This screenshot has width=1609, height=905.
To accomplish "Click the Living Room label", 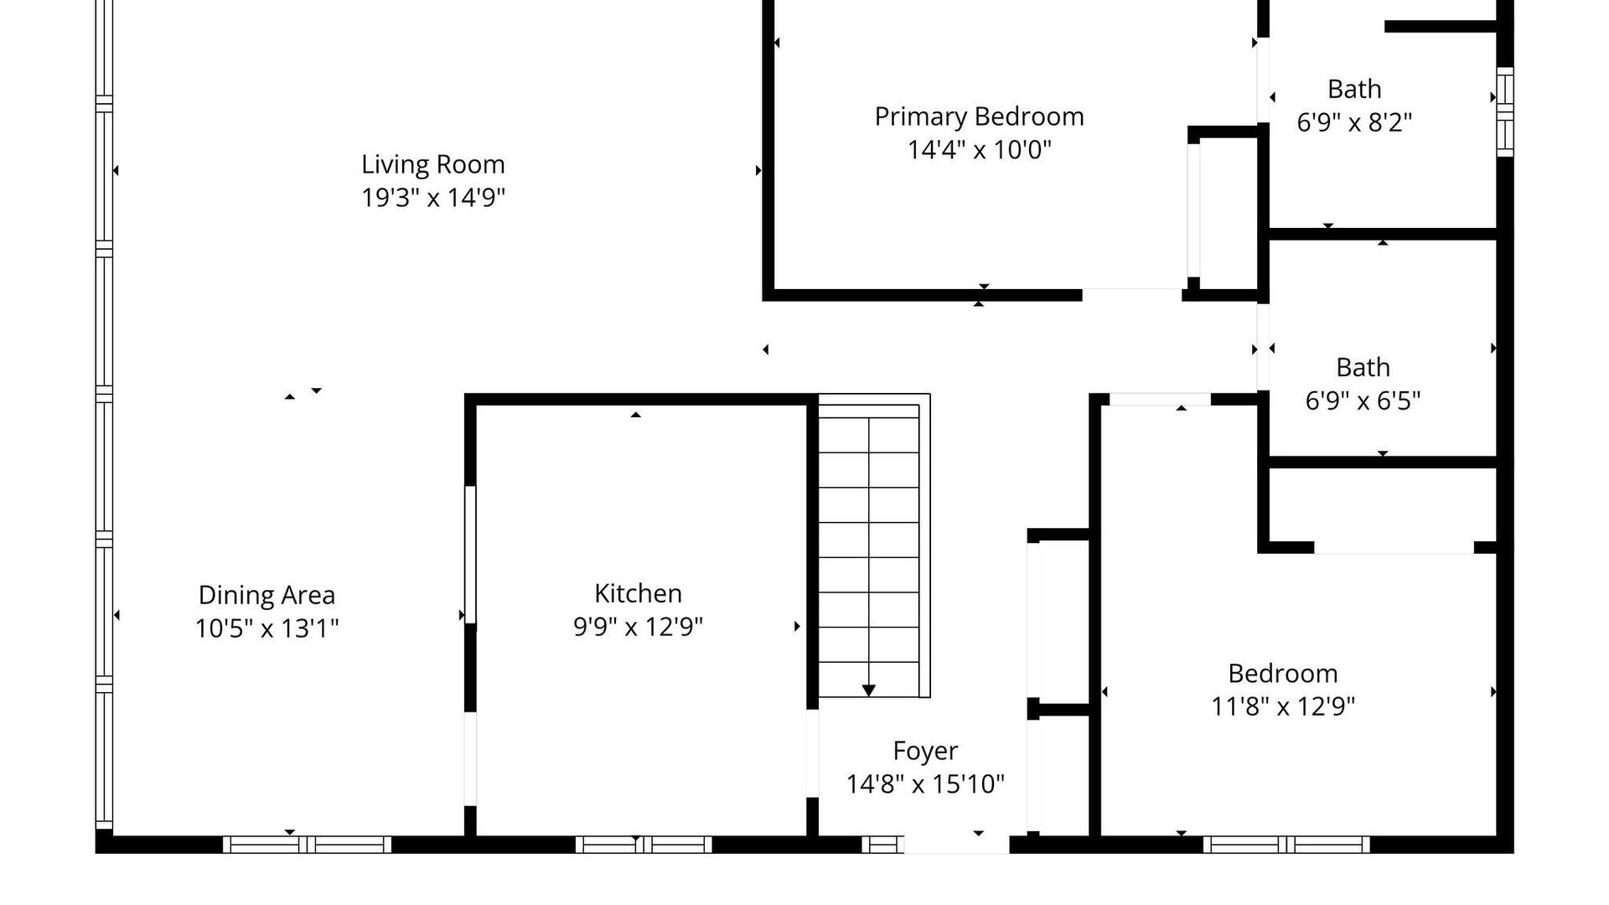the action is pos(433,165).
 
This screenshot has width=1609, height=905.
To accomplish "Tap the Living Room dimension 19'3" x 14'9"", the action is pos(433,198).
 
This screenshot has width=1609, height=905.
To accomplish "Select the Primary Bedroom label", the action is pos(980,117).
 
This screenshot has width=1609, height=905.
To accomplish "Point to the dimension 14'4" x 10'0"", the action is pos(980,150).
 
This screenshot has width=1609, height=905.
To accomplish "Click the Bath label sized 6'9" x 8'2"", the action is pos(1354,89).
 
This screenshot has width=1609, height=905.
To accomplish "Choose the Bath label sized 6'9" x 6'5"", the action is pos(1363,367).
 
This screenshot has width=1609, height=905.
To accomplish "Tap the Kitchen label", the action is pos(638,593).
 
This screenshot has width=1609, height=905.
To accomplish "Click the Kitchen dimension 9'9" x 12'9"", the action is pos(638,627).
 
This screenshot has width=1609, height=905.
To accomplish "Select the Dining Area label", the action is pos(266,595).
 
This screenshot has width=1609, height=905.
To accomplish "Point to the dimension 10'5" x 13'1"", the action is pos(266,628).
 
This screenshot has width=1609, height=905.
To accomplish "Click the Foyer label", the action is pos(925,752).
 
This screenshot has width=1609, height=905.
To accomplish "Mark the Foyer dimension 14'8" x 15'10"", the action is pos(925,784).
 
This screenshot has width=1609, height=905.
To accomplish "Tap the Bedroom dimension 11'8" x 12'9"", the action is pos(1283,706).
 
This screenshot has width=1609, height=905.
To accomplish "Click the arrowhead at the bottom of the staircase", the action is pos(869,690).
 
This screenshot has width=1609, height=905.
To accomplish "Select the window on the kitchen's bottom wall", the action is pos(644,845).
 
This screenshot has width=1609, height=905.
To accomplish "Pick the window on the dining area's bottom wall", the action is pos(307,845).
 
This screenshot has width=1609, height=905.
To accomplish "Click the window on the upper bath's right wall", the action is pos(1505,111).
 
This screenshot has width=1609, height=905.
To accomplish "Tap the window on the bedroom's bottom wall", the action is pos(1286,845).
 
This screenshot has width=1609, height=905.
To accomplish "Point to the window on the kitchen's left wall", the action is pos(470,555).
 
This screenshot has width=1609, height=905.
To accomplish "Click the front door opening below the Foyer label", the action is pos(956,845).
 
